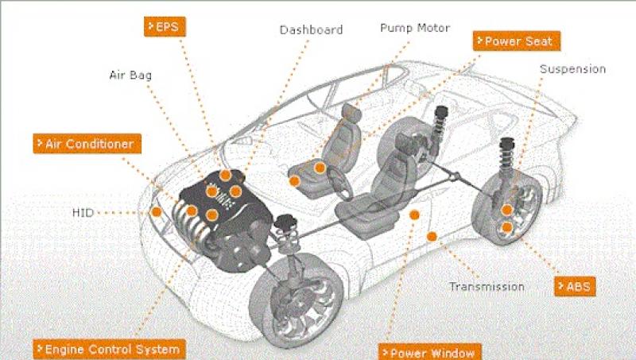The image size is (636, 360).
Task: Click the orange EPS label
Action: (x=165, y=27)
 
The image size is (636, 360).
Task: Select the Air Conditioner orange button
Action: (x=87, y=144)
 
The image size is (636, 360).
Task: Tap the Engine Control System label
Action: (x=110, y=349)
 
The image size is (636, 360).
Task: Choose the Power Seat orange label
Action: (x=517, y=41)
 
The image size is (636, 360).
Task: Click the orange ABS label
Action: (x=575, y=287)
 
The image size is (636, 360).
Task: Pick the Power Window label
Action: (x=430, y=352)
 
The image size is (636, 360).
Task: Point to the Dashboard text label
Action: (x=312, y=29)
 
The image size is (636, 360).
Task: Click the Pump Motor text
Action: (x=415, y=28)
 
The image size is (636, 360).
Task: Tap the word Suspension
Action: (x=572, y=69)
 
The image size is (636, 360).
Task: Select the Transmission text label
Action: (x=487, y=287)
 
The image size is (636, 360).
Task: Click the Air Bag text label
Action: (x=130, y=75)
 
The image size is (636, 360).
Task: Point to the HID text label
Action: (x=83, y=212)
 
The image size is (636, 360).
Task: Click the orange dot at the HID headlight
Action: (x=156, y=211)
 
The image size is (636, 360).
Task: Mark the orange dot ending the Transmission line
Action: (x=432, y=236)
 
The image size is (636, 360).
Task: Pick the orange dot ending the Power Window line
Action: (x=414, y=215)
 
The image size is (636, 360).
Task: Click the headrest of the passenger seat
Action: (x=351, y=113)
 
